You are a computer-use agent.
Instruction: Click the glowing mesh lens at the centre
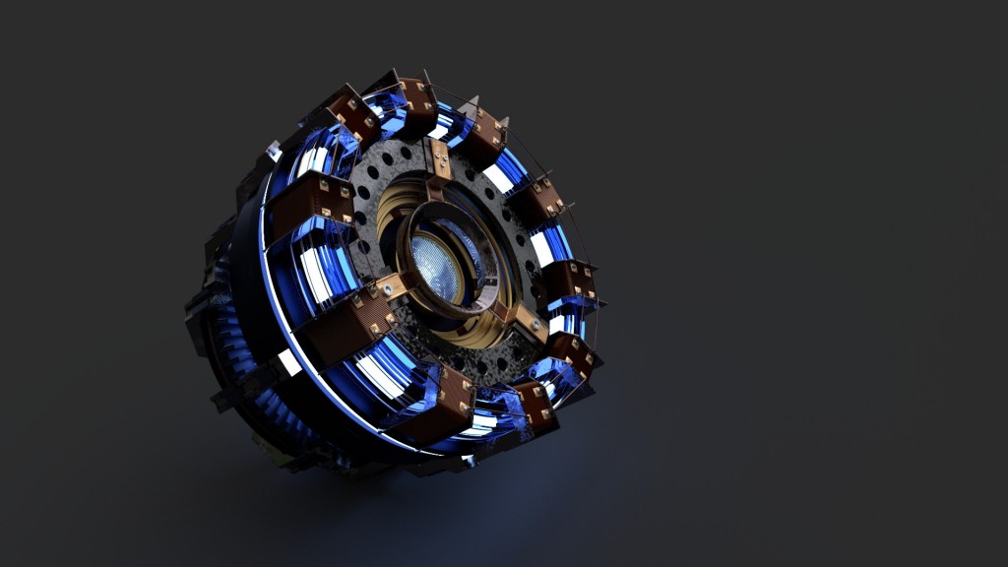pyautogui.click(x=437, y=267)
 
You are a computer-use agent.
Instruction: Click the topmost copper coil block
pyautogui.click(x=415, y=102)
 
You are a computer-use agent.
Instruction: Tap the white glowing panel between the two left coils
pyautogui.click(x=317, y=275)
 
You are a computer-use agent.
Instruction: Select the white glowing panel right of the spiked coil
pyautogui.click(x=498, y=178)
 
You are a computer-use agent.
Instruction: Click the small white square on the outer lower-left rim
pyautogui.click(x=288, y=362)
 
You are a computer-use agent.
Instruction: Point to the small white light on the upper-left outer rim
pyautogui.click(x=274, y=153)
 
